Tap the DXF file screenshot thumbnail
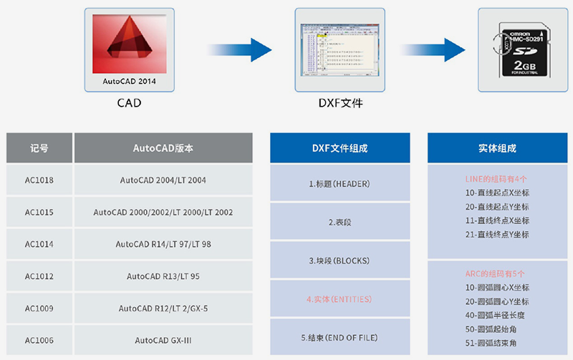pos(340,49)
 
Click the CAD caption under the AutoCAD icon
pos(129,103)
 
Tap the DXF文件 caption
pos(341,103)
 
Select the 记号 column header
pos(39,148)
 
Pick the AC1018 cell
pos(39,180)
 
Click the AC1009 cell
pos(39,308)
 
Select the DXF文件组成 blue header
pos(340,148)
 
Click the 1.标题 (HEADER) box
pos(340,184)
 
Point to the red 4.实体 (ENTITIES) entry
pos(340,299)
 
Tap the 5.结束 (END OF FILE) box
pos(340,337)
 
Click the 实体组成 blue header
pos(497,148)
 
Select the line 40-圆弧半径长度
pos(497,316)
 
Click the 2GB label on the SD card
pos(526,67)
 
